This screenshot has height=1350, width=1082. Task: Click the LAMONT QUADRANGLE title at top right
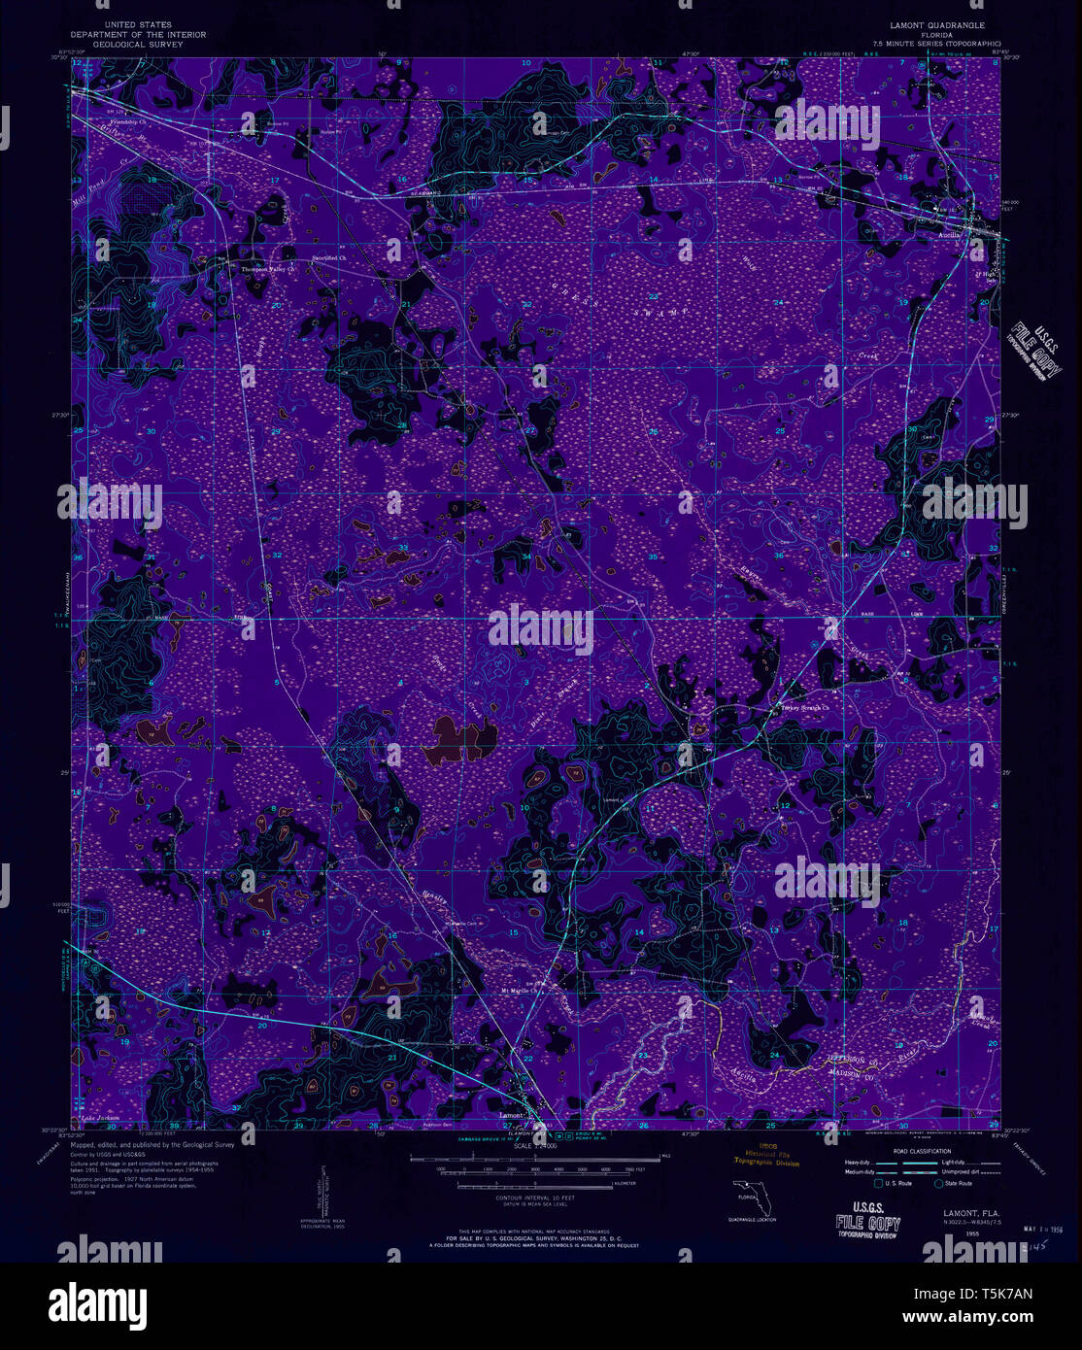[930, 25]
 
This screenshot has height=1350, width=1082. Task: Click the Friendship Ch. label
[127, 122]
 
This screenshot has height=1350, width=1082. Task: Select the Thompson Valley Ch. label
[266, 269]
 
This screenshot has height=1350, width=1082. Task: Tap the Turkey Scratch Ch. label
[805, 707]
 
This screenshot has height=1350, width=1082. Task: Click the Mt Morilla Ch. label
[520, 992]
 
